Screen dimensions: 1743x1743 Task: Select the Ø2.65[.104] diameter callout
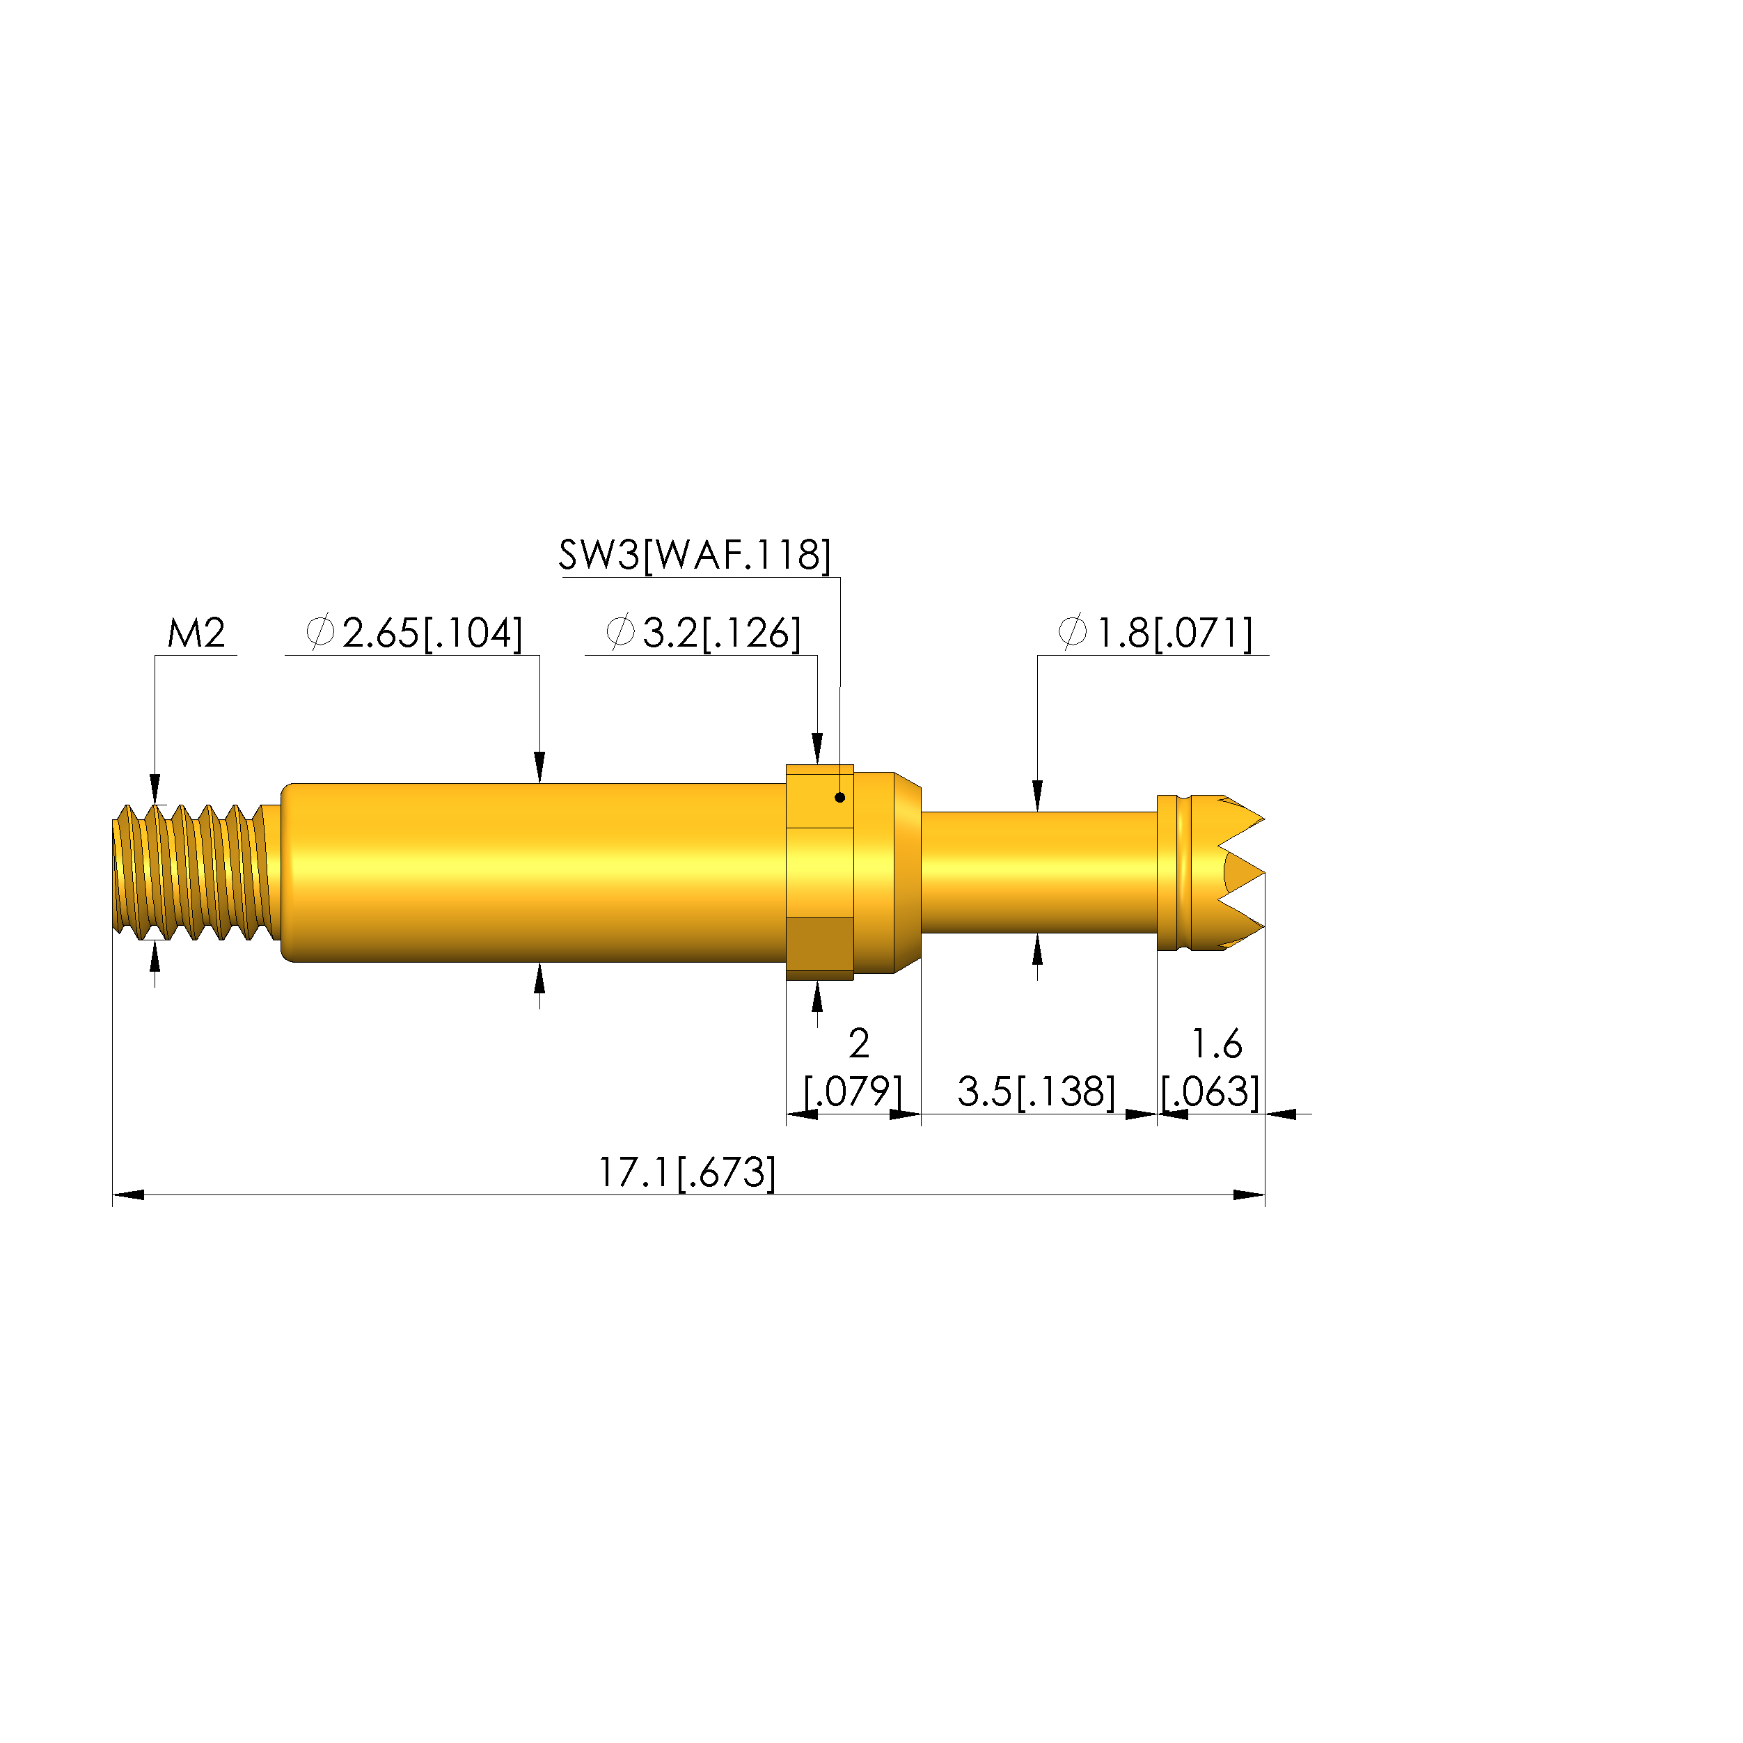414,633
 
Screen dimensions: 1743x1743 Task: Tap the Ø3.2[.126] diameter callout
703,633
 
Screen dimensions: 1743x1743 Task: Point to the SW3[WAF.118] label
695,555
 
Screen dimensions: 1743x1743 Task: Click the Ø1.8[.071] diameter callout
1156,633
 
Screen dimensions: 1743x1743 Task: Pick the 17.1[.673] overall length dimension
686,1173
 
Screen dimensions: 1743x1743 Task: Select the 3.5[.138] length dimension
1036,1091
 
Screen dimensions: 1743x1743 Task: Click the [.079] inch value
853,1091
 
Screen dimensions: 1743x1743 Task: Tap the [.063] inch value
1210,1091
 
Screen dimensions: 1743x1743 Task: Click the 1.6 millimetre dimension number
1217,1044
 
